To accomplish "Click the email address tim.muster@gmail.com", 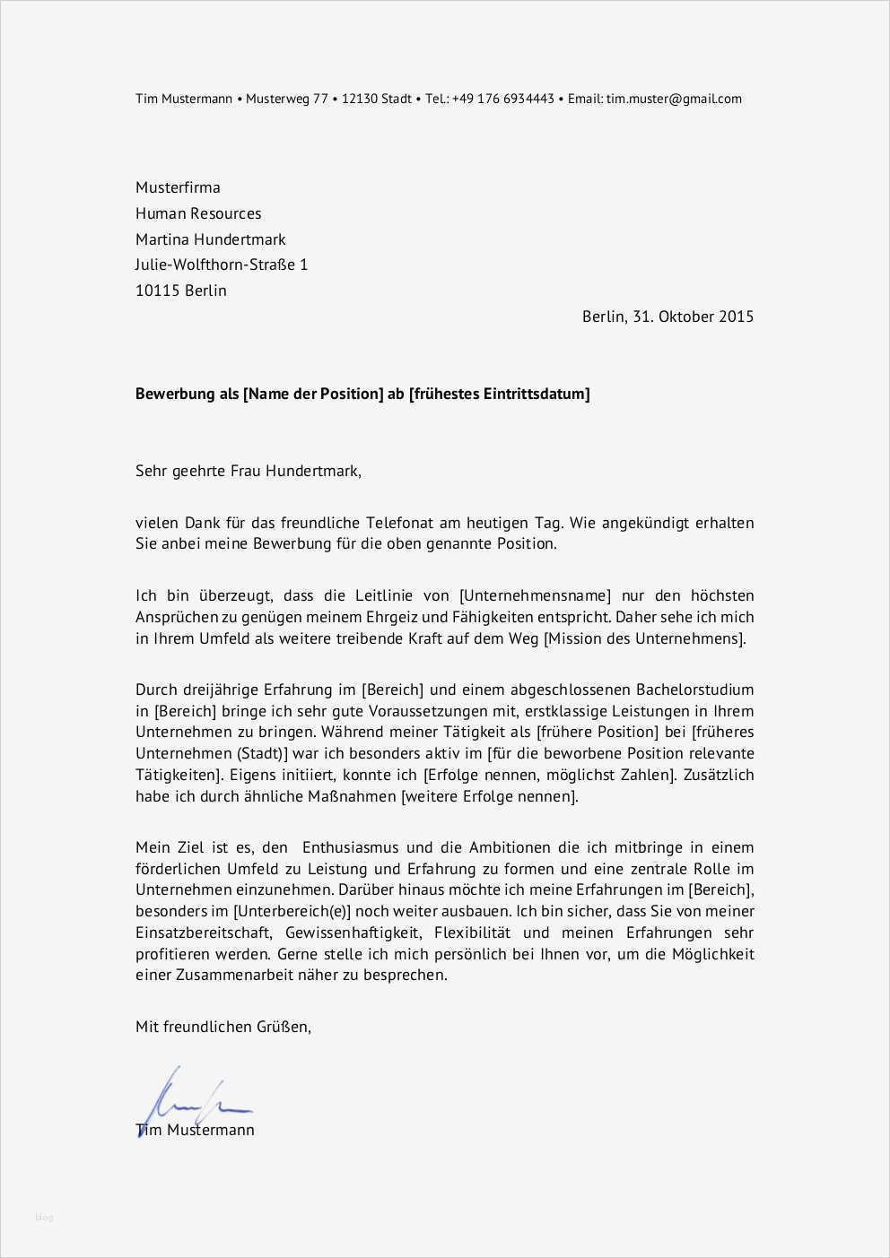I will coord(674,99).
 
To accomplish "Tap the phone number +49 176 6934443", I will coord(503,99).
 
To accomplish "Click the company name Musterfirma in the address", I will coord(178,187).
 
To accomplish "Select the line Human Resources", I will coord(198,213).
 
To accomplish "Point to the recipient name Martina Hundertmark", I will coord(211,239).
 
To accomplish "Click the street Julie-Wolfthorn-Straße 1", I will coord(222,265).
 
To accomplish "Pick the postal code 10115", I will coord(158,291).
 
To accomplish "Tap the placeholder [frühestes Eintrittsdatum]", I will coord(500,394).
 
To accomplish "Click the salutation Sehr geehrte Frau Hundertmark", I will coord(248,470).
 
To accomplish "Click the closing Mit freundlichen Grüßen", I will coord(222,1027).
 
